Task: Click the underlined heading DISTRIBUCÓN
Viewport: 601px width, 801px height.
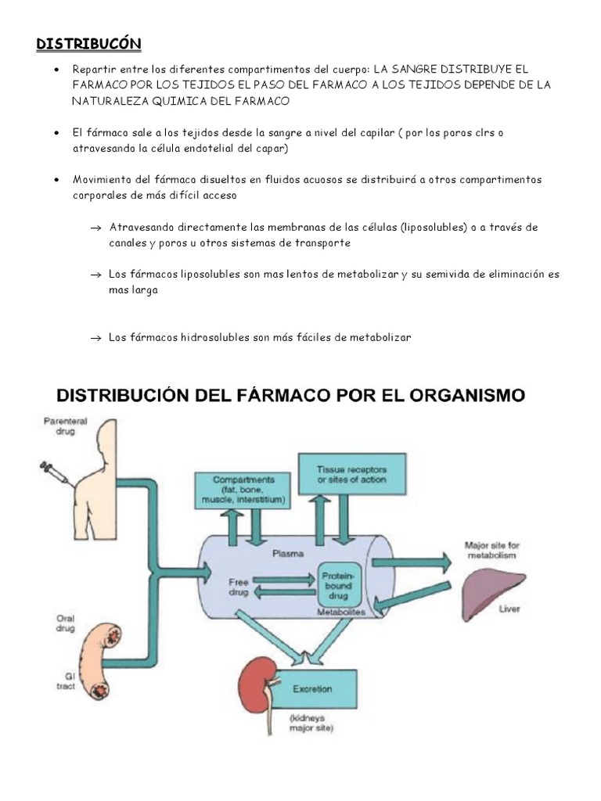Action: pyautogui.click(x=88, y=44)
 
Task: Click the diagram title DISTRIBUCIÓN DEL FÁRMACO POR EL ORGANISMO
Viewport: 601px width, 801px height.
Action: pyautogui.click(x=289, y=395)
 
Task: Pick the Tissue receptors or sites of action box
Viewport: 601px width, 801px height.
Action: pyautogui.click(x=351, y=474)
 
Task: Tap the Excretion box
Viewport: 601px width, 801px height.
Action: pyautogui.click(x=311, y=689)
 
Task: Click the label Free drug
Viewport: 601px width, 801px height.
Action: pyautogui.click(x=238, y=587)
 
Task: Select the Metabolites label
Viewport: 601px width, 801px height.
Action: pyautogui.click(x=341, y=611)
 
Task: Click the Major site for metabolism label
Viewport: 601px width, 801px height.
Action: pyautogui.click(x=491, y=550)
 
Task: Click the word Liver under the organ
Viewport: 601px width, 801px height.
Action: pyautogui.click(x=509, y=608)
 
